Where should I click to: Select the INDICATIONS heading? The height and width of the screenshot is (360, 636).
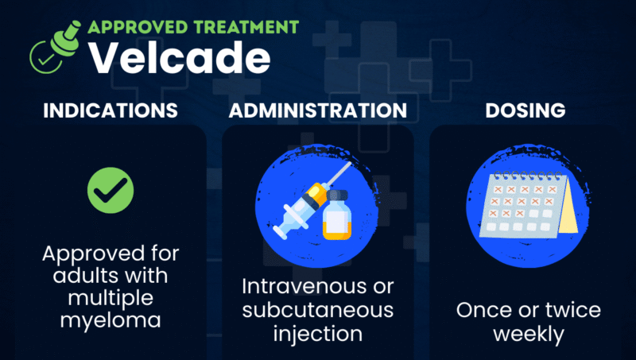[x=110, y=110]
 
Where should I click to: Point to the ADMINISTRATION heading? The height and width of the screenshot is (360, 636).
[x=318, y=110]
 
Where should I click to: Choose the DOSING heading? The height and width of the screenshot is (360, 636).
[x=527, y=110]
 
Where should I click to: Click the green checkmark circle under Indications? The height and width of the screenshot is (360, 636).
[x=110, y=190]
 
